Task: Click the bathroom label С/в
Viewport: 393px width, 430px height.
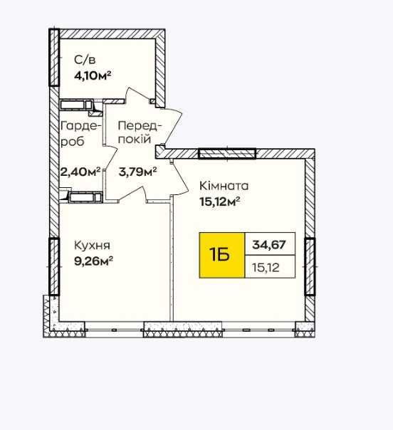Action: pyautogui.click(x=85, y=60)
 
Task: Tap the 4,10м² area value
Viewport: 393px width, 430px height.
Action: pyautogui.click(x=93, y=75)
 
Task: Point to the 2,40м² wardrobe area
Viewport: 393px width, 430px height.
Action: pyautogui.click(x=80, y=172)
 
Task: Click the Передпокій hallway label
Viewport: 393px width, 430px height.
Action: pyautogui.click(x=140, y=132)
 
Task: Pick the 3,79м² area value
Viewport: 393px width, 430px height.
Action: pyautogui.click(x=137, y=172)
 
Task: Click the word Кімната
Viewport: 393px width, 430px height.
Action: pyautogui.click(x=224, y=186)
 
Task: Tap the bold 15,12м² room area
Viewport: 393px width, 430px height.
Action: pyautogui.click(x=220, y=202)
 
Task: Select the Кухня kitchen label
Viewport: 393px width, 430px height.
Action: pyautogui.click(x=92, y=246)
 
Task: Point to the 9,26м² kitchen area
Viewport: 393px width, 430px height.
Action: pyautogui.click(x=93, y=261)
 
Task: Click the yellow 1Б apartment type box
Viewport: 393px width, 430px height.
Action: pyautogui.click(x=222, y=255)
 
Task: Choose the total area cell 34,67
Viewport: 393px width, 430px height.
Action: pyautogui.click(x=270, y=243)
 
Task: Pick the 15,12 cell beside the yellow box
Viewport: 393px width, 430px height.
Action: pyautogui.click(x=270, y=267)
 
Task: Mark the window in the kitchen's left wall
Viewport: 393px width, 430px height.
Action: pyautogui.click(x=54, y=266)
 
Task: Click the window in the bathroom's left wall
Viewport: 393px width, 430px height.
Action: pyautogui.click(x=54, y=58)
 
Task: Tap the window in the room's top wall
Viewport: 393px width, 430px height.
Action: pyautogui.click(x=227, y=154)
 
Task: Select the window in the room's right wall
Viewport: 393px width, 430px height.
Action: pyautogui.click(x=310, y=267)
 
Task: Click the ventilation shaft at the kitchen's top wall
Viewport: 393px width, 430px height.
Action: pyautogui.click(x=85, y=197)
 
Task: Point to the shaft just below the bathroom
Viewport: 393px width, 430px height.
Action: pyautogui.click(x=76, y=105)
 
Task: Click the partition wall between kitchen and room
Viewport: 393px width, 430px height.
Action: pyautogui.click(x=172, y=258)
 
